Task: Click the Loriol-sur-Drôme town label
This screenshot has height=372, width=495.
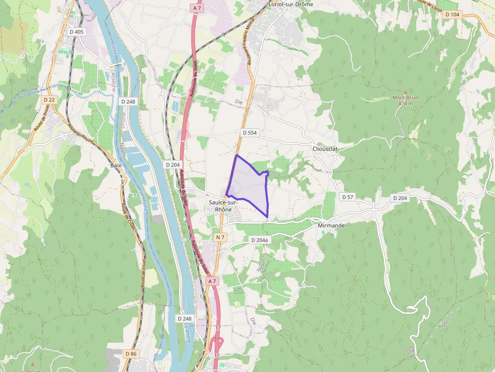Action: coord(291,4)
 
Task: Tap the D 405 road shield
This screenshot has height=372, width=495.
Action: coord(77,32)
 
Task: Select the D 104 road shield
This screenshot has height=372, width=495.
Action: coord(453,15)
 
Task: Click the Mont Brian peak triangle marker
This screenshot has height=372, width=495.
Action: coord(405,92)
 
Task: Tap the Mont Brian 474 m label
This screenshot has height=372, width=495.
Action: coord(406,100)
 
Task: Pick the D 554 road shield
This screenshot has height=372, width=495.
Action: coord(250,133)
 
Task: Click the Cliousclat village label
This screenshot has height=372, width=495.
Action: coord(325,149)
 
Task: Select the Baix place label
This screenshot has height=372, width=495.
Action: coord(116,165)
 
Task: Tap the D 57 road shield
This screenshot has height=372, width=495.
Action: coord(348,197)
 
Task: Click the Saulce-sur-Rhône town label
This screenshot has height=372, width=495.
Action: coord(220,206)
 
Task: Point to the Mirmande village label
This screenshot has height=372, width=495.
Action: coord(332,226)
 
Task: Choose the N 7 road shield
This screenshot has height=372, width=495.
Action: coord(220,237)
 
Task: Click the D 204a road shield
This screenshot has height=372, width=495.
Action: coord(259,240)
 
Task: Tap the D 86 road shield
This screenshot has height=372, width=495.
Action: coord(130,354)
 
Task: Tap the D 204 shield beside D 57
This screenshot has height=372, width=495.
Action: coord(400,198)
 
